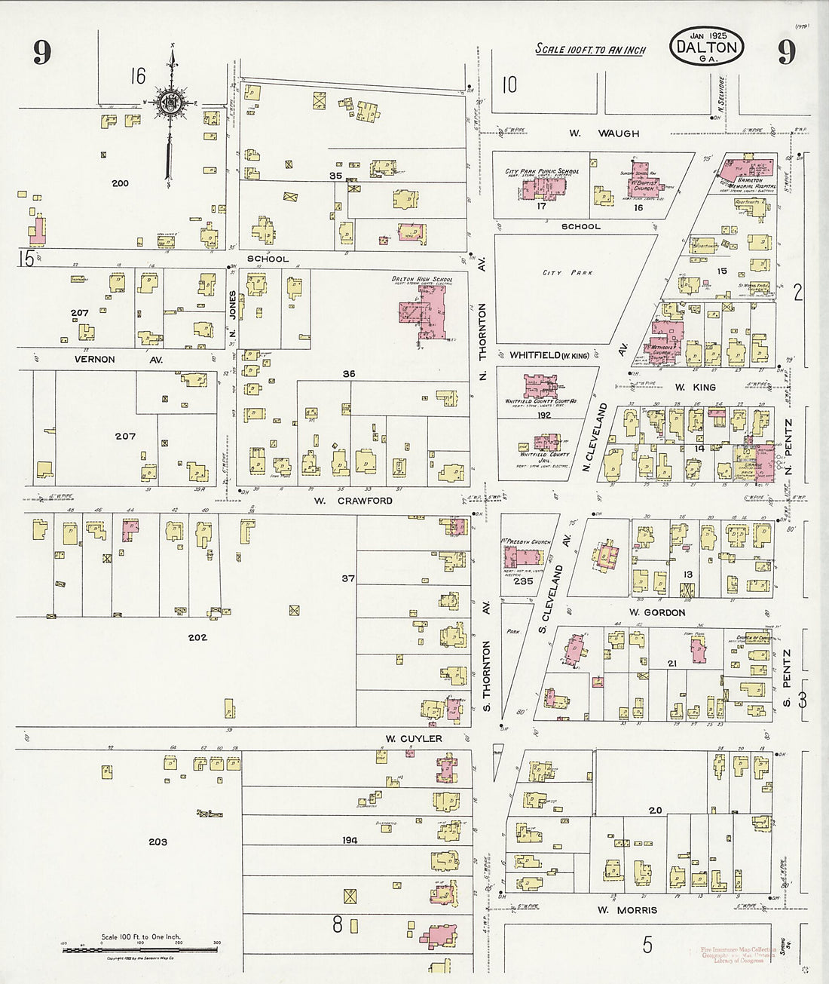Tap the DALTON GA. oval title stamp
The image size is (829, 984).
click(x=706, y=46)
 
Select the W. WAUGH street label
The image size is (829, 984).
click(x=604, y=133)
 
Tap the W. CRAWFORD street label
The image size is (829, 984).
click(x=353, y=501)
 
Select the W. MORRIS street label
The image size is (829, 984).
click(x=626, y=910)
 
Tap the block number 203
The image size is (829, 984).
click(x=158, y=841)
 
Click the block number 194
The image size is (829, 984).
click(x=349, y=839)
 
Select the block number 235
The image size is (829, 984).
click(x=522, y=581)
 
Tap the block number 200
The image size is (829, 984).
click(x=120, y=183)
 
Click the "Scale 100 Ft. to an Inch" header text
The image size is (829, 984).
click(x=590, y=50)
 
